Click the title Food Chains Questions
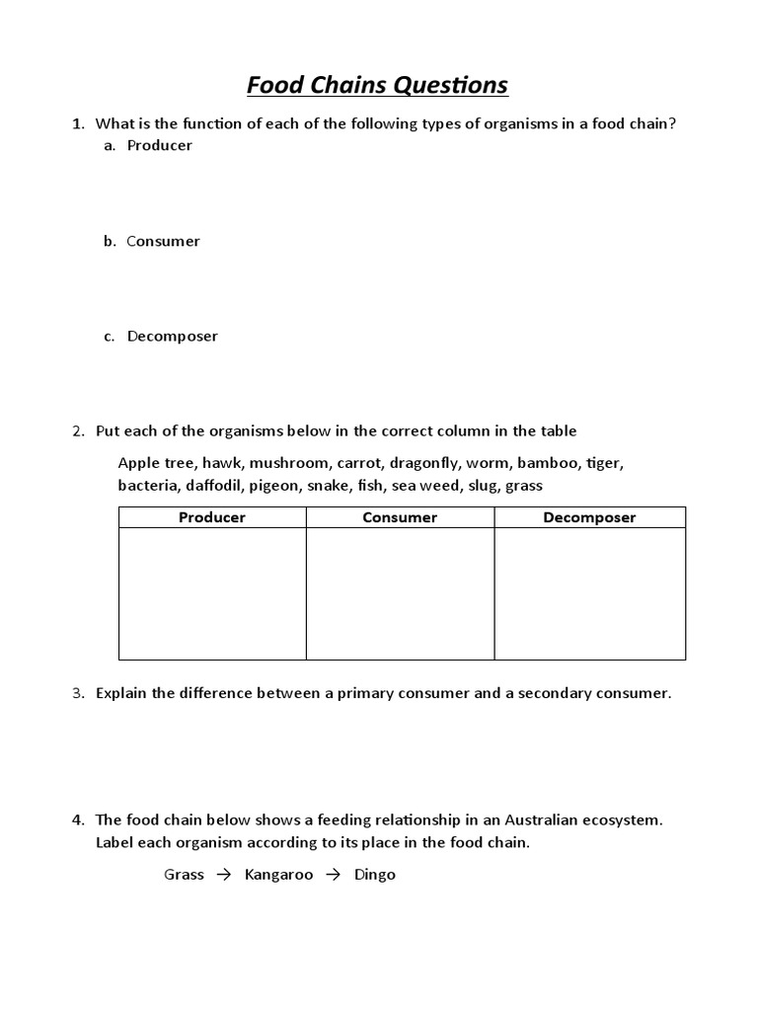click(377, 86)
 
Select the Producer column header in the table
click(212, 517)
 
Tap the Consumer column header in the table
click(400, 517)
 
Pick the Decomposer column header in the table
click(589, 517)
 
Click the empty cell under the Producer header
click(212, 593)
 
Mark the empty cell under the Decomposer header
click(589, 593)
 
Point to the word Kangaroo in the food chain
click(278, 875)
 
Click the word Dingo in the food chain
click(374, 875)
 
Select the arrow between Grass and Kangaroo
click(224, 875)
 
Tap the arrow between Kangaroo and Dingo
click(334, 875)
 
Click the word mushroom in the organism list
click(291, 462)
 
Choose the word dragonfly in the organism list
click(422, 462)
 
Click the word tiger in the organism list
click(604, 462)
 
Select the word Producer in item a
click(159, 145)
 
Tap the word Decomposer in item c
click(172, 336)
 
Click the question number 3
click(78, 693)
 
